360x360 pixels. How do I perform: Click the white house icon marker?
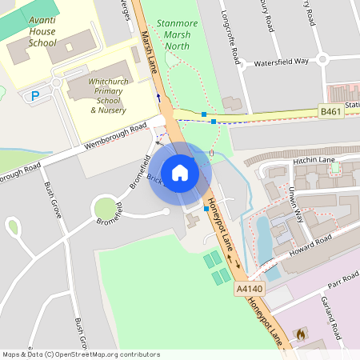pyautogui.click(x=179, y=172)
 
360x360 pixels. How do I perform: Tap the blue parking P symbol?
pyautogui.click(x=34, y=96)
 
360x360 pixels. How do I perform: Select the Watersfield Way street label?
pyautogui.click(x=281, y=62)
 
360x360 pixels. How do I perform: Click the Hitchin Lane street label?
pyautogui.click(x=313, y=160)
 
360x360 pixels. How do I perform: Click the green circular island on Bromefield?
pyautogui.click(x=106, y=210)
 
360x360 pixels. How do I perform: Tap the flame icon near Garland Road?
pyautogui.click(x=301, y=334)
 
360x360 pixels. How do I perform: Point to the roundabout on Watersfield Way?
pyautogui.click(x=322, y=58)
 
